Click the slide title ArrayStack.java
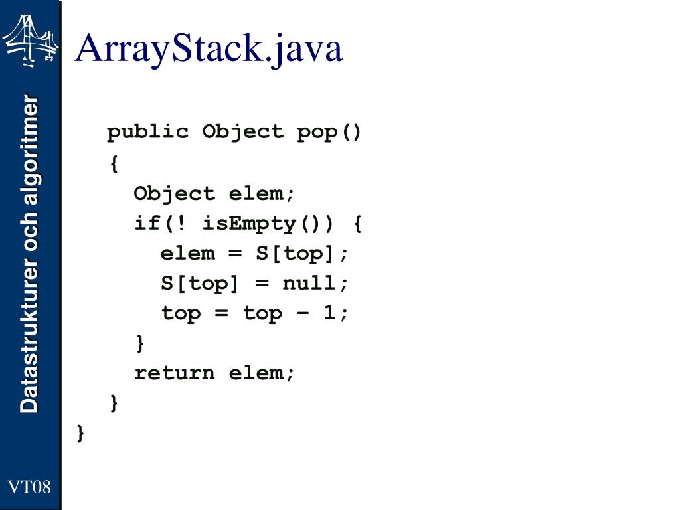pos(209,48)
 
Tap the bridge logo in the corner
pos(30,40)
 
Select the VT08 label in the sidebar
pos(29,487)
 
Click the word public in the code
pos(147,131)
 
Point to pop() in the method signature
pos(329,131)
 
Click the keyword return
pos(175,373)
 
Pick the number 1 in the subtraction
pos(330,313)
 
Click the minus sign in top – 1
pos(303,313)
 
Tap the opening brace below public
pos(114,163)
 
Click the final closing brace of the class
pos(80,433)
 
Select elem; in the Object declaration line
pos(262,193)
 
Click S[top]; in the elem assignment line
pos(302,253)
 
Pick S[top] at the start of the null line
pos(199,283)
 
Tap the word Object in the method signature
pos(242,131)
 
